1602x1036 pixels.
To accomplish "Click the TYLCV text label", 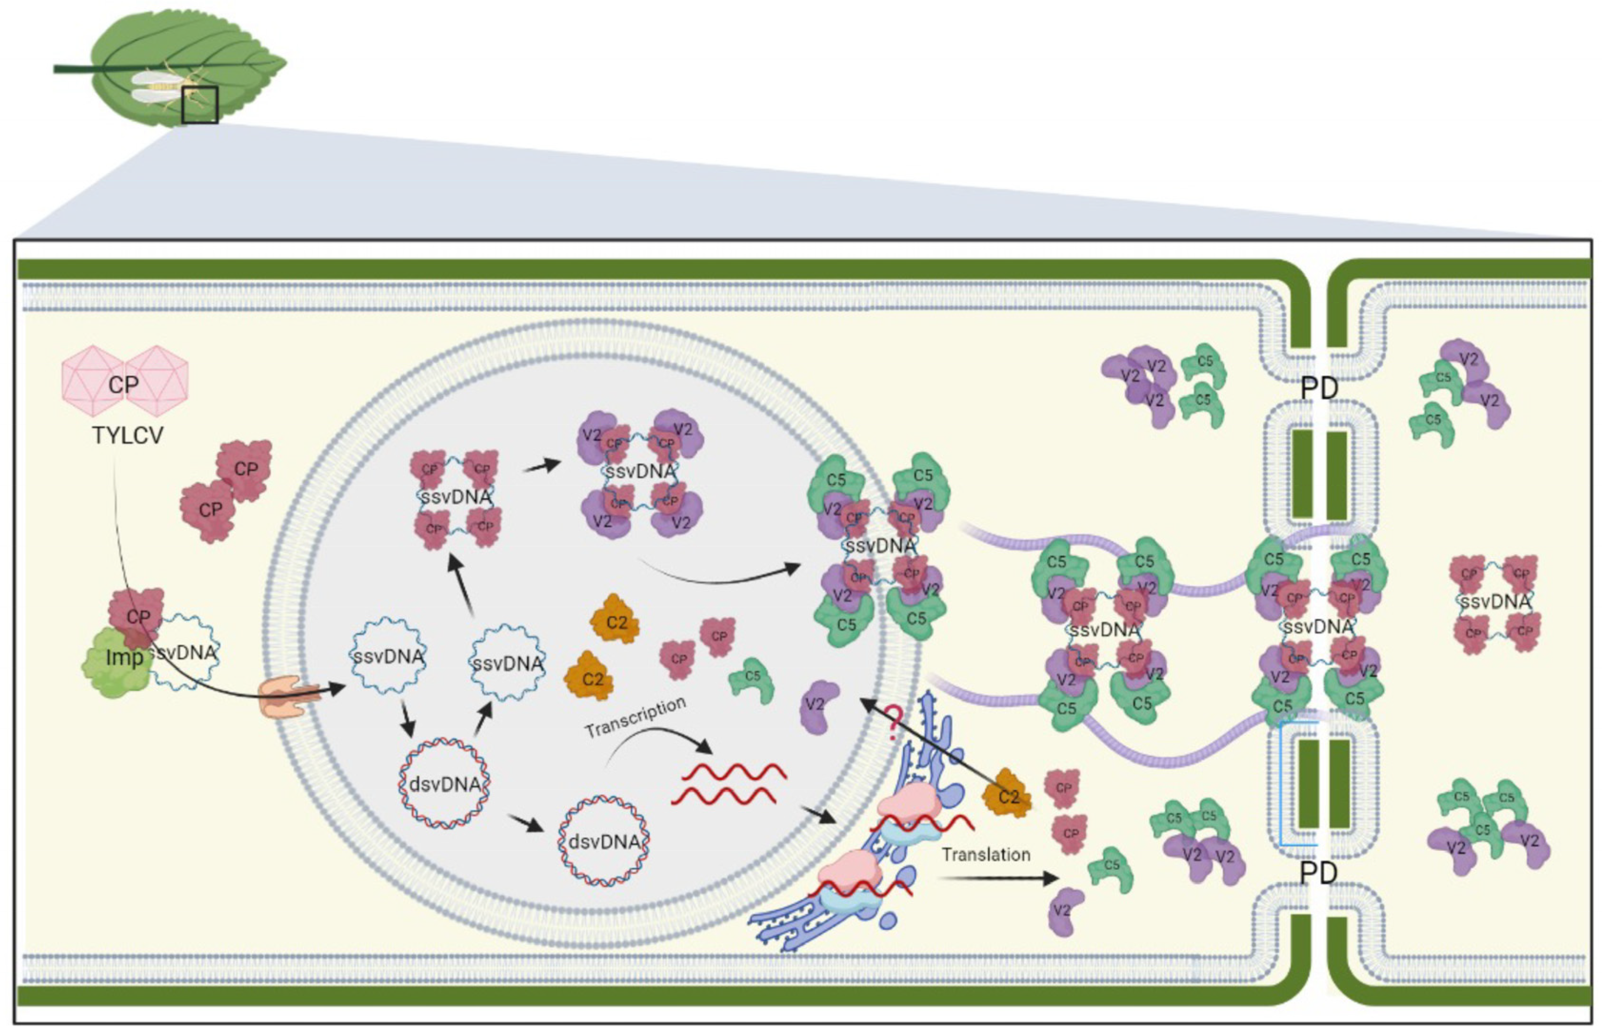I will tap(127, 435).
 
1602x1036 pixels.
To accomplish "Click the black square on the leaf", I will tap(199, 105).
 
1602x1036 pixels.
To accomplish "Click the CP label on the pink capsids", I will tap(123, 385).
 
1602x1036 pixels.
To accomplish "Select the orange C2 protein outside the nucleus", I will tap(1007, 796).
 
